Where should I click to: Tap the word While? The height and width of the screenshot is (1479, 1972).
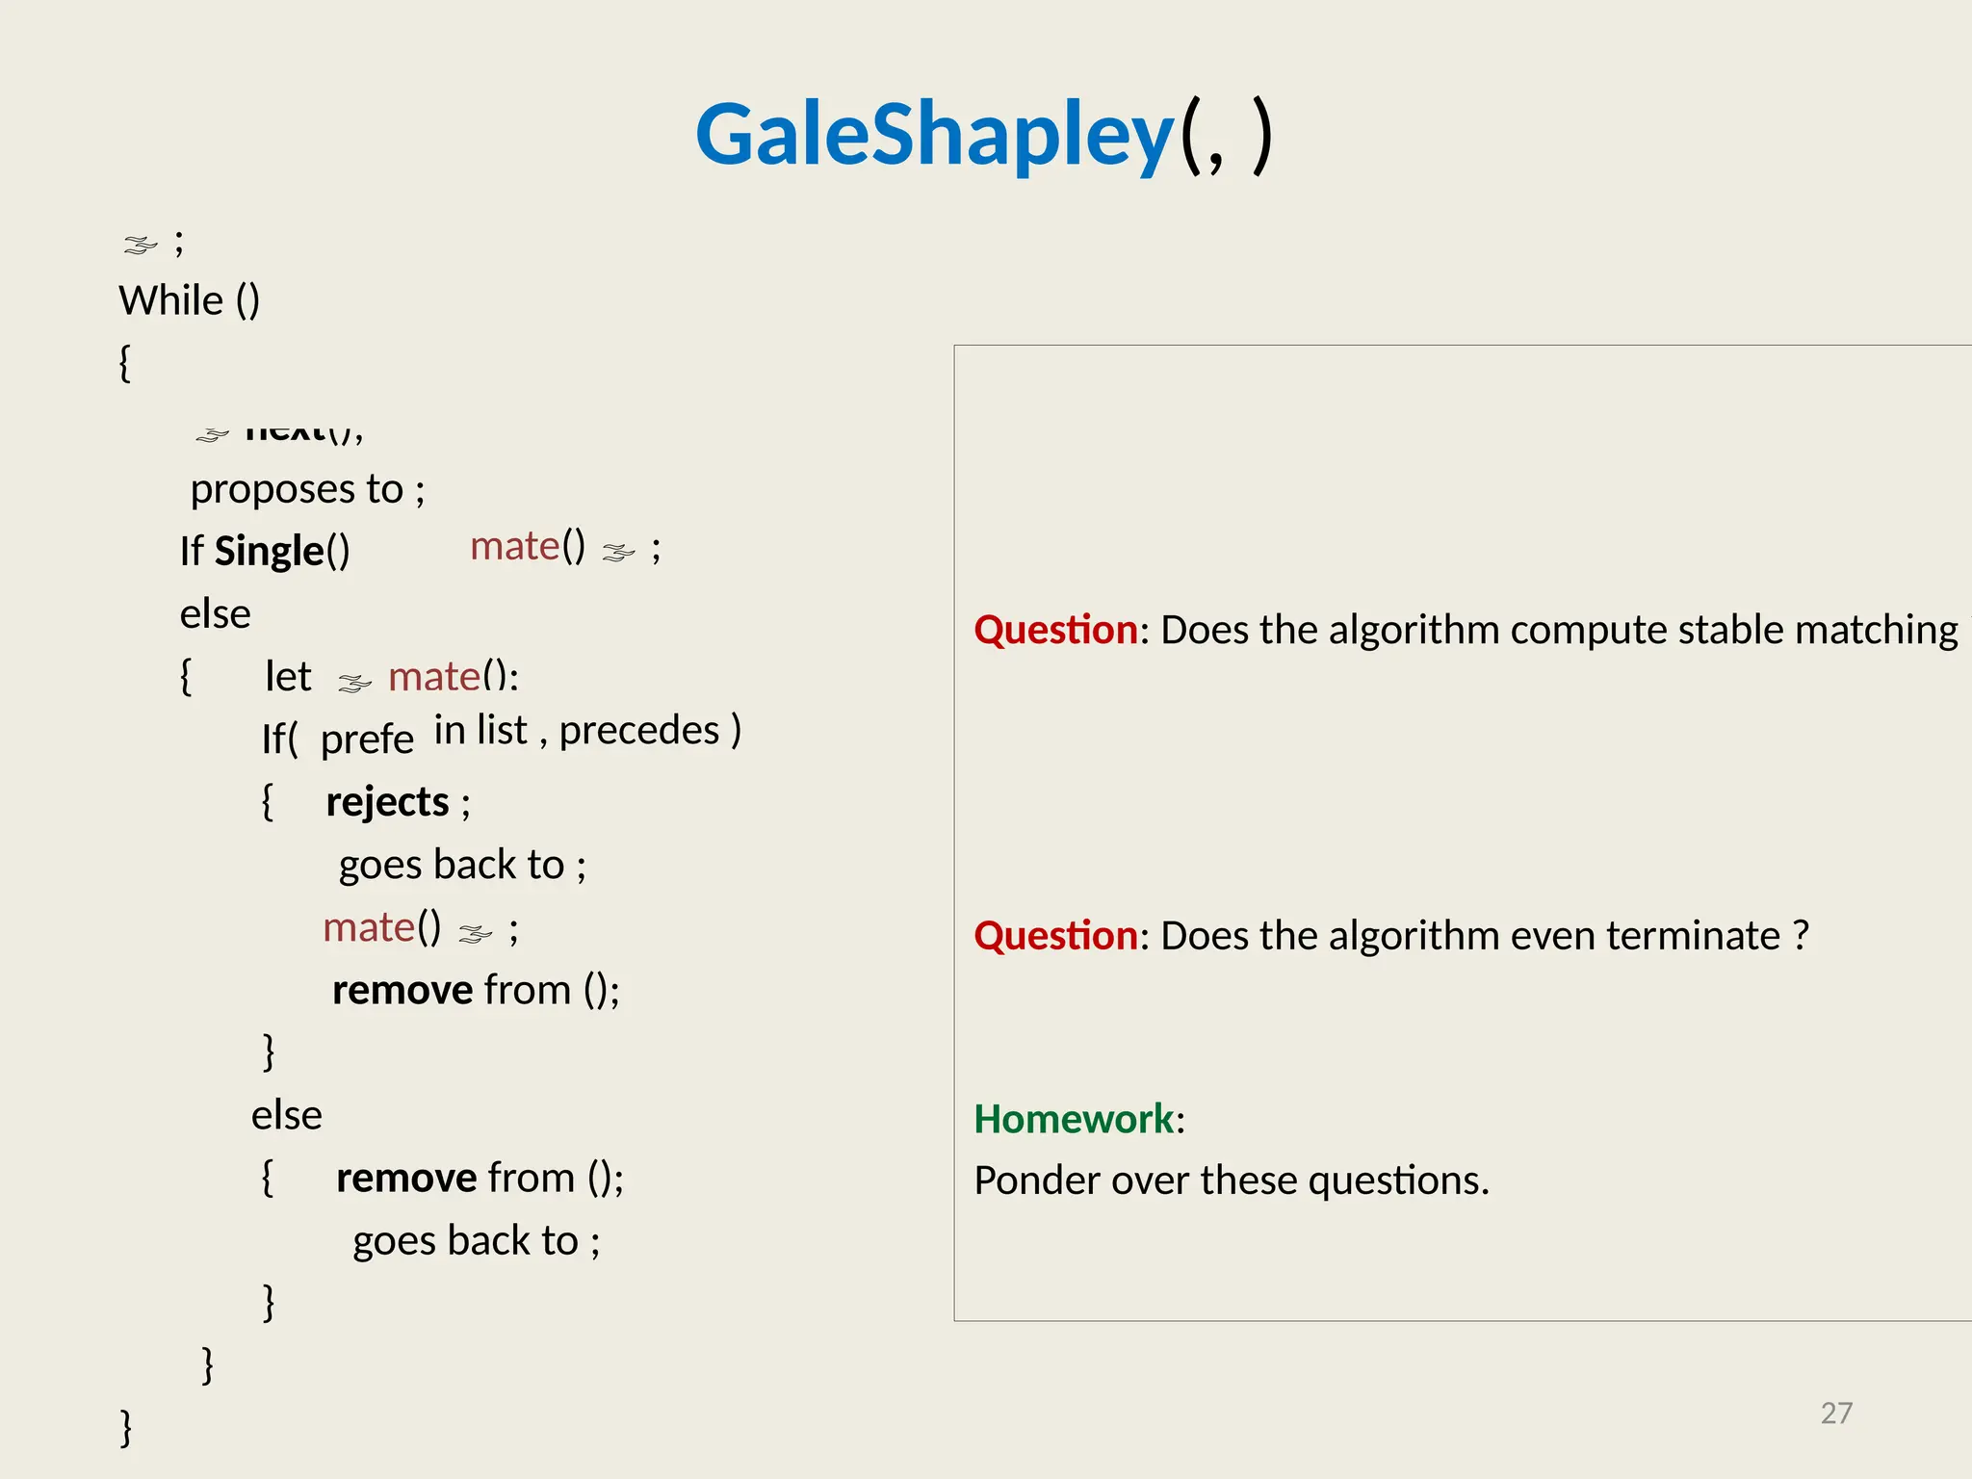coord(170,300)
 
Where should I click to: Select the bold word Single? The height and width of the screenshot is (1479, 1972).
coord(269,551)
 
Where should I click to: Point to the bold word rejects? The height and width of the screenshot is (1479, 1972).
coord(387,801)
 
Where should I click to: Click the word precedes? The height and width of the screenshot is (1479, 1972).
coord(639,730)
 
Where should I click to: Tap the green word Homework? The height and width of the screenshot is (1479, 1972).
coord(1074,1119)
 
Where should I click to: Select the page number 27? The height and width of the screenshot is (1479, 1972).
coord(1836,1413)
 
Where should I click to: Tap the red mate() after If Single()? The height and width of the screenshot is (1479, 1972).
coord(527,546)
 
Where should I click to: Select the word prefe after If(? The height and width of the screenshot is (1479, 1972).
coord(367,739)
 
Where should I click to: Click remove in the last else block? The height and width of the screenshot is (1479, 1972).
coord(406,1178)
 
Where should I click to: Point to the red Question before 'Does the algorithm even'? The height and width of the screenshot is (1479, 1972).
coord(1055,935)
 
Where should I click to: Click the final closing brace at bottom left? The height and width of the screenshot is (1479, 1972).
coord(125,1426)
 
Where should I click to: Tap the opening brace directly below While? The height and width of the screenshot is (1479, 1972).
coord(124,363)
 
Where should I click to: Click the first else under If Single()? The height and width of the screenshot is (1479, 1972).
coord(215,614)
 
